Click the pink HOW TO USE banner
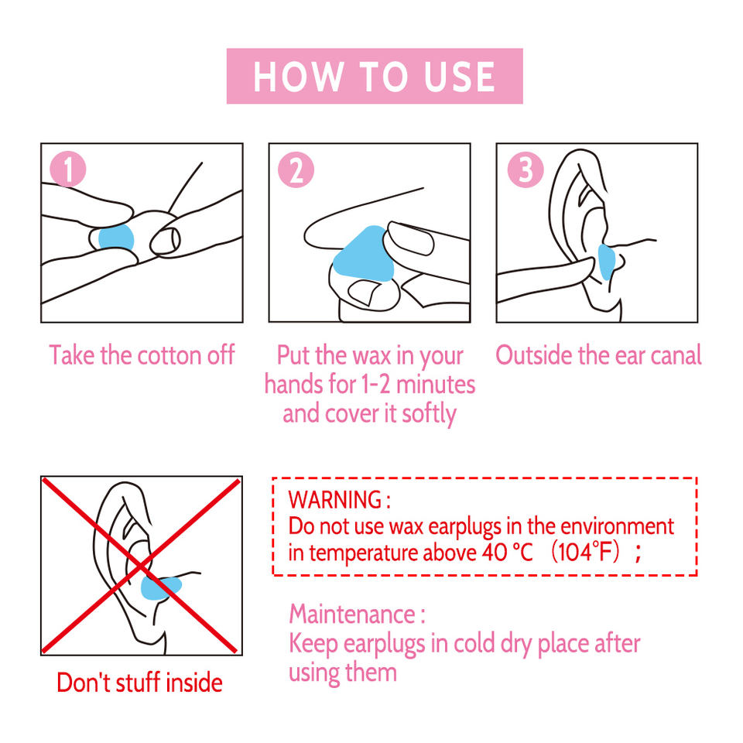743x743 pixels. (x=375, y=76)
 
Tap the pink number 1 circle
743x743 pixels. (x=68, y=169)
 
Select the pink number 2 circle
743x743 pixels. (x=296, y=169)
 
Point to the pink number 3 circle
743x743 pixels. (x=525, y=169)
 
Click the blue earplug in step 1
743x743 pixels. (x=116, y=238)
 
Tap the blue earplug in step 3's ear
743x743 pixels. (x=606, y=262)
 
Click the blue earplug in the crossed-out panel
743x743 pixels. (x=161, y=588)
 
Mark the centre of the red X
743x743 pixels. (x=141, y=566)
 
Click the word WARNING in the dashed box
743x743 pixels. (x=335, y=500)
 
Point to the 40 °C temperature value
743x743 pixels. (x=507, y=553)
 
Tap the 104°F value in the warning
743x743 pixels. (x=585, y=552)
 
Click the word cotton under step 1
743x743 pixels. (x=169, y=355)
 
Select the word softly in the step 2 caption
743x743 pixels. (x=430, y=414)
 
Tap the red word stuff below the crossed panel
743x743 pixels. (x=139, y=683)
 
